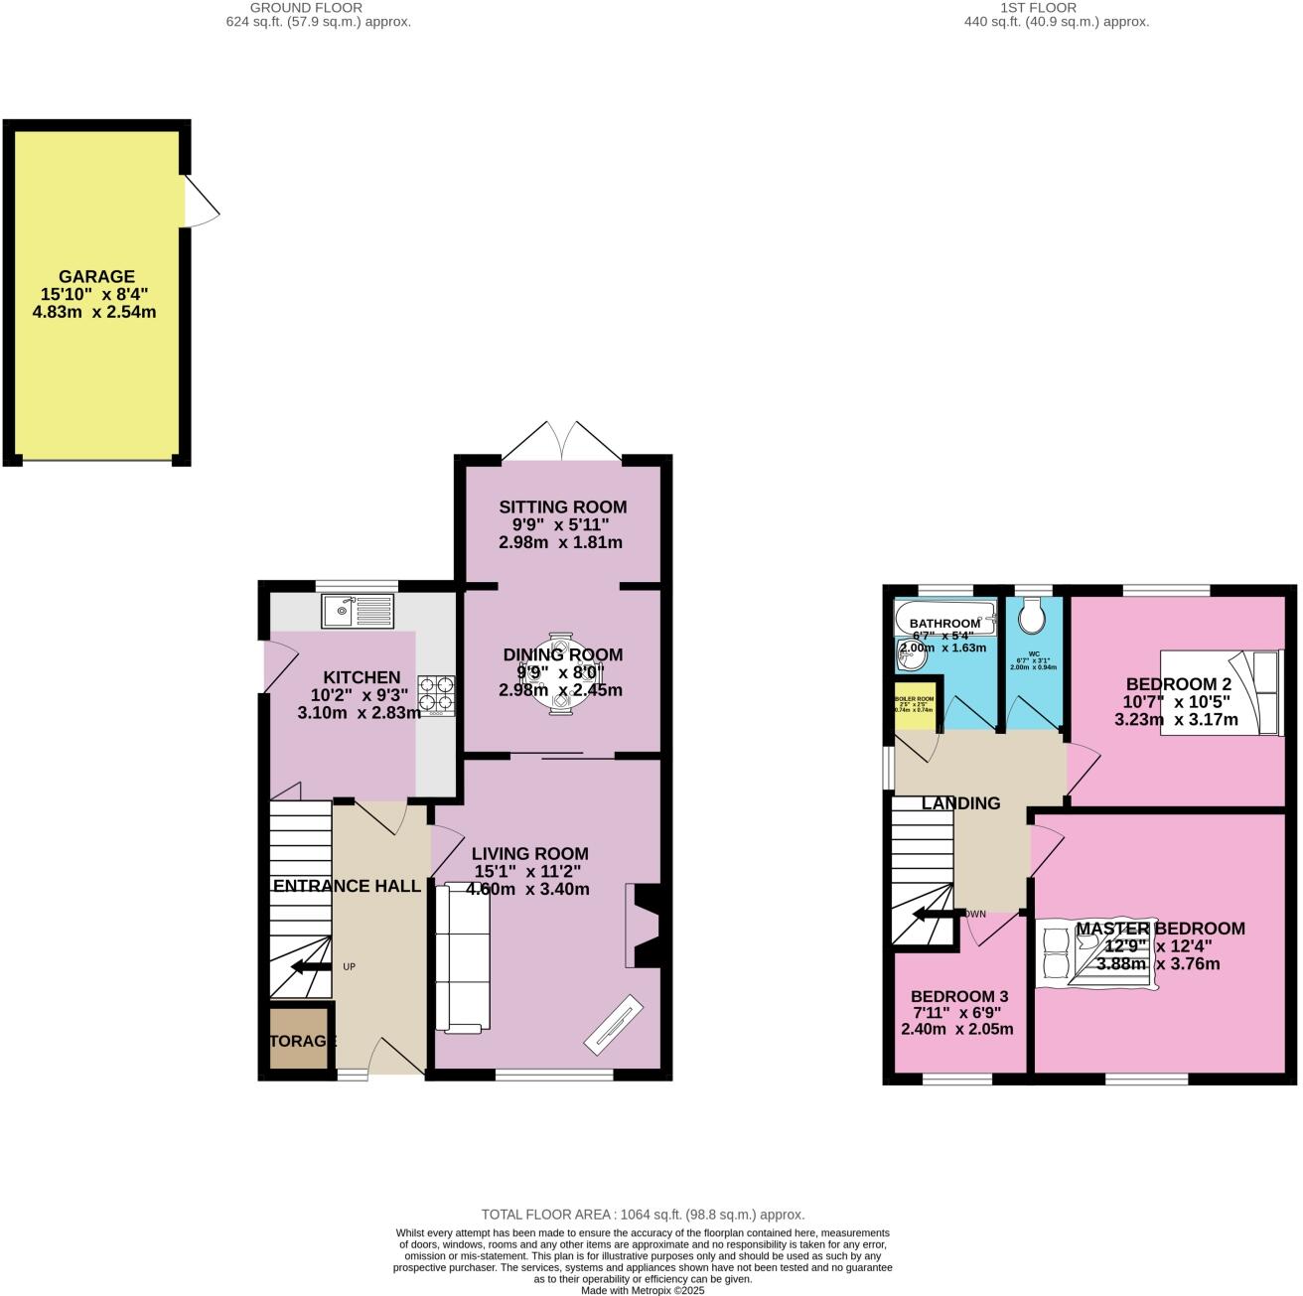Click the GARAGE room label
[96, 277]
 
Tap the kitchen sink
[358, 610]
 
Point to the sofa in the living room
[463, 959]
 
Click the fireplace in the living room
[646, 926]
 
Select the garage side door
[201, 203]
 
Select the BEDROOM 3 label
[959, 996]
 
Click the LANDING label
[960, 803]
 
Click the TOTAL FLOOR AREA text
[643, 1214]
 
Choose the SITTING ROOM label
[562, 506]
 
